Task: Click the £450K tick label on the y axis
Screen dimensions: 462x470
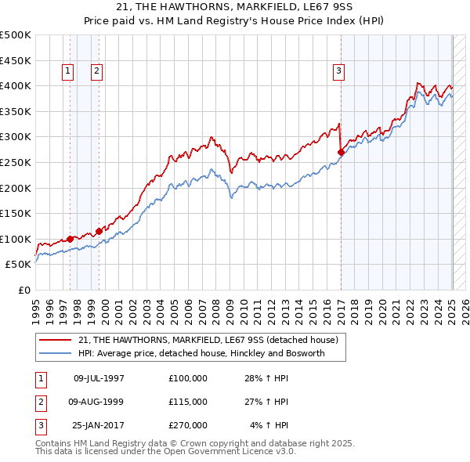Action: point(16,60)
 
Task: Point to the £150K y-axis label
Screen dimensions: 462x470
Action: point(16,213)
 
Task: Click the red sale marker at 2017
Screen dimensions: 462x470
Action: point(342,153)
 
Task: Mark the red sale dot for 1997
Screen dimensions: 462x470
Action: point(70,239)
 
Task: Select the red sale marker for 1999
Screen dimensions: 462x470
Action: point(99,231)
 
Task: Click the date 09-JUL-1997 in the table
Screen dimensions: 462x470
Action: point(99,378)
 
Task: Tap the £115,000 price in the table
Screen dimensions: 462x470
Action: point(188,402)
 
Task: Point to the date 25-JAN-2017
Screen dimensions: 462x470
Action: point(99,425)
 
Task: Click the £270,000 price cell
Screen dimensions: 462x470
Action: point(188,425)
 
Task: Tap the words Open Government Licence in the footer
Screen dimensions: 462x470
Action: point(207,451)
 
